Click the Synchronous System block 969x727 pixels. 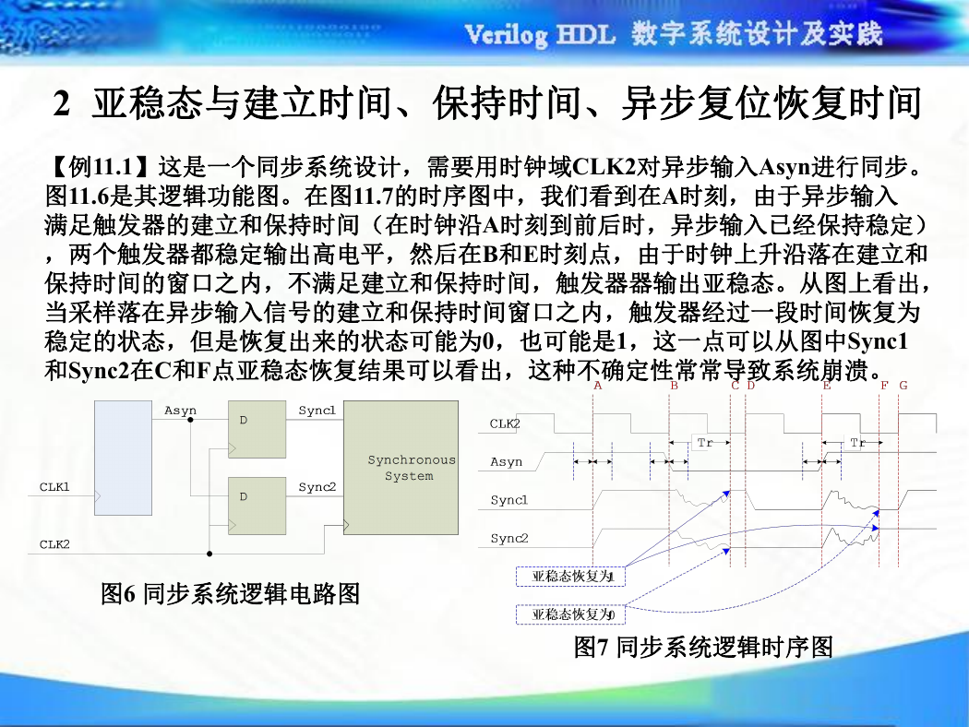(401, 468)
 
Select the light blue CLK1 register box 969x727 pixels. (123, 458)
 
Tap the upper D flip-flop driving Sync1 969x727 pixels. (257, 429)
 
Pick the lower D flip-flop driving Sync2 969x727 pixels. (257, 506)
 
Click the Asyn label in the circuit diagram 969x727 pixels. (180, 411)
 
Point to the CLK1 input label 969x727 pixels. (54, 487)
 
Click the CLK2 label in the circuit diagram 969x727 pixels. (54, 544)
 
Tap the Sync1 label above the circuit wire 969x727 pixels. (317, 411)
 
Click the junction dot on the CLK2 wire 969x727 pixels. (209, 554)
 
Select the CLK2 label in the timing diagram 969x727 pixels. (505, 423)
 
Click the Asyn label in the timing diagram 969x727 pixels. (506, 462)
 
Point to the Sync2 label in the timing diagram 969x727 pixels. (509, 538)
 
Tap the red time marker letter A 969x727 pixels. (597, 386)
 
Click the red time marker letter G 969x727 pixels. (903, 386)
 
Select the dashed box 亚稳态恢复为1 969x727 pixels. (571, 577)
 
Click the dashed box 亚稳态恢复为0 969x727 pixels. (571, 614)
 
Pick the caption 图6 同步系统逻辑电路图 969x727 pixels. (231, 594)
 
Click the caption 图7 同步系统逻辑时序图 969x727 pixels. (703, 648)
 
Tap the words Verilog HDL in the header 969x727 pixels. (540, 34)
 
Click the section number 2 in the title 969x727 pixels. (61, 103)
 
